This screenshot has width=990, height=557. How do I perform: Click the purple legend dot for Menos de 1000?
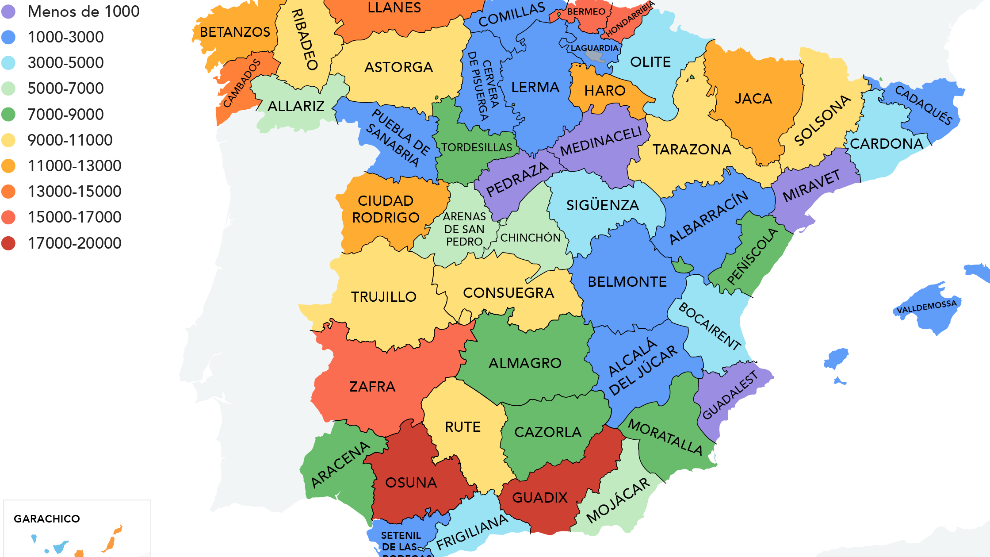(8, 12)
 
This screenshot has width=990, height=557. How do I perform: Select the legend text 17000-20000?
(74, 243)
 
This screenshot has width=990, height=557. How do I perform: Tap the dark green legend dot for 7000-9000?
(8, 114)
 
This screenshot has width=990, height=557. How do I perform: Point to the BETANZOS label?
(235, 32)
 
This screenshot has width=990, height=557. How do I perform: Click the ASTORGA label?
(398, 67)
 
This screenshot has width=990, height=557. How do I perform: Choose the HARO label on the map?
(604, 91)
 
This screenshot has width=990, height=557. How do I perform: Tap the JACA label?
(753, 98)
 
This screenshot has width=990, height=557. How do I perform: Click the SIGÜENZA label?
(602, 205)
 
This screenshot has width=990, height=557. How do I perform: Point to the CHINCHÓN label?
(530, 238)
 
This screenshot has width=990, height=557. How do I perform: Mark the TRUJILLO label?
(383, 296)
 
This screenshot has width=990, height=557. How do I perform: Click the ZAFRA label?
(372, 387)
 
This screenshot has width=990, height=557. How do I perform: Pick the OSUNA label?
(411, 482)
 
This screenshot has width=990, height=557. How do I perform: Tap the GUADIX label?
(539, 497)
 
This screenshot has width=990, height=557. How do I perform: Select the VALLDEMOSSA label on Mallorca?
(926, 307)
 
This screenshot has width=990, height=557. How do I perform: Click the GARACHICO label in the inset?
(46, 519)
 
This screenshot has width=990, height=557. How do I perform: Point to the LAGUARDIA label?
(594, 48)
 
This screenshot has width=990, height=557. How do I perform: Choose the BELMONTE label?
(627, 282)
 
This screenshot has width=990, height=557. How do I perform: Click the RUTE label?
(463, 427)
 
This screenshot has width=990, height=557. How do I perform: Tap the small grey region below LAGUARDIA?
(595, 56)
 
